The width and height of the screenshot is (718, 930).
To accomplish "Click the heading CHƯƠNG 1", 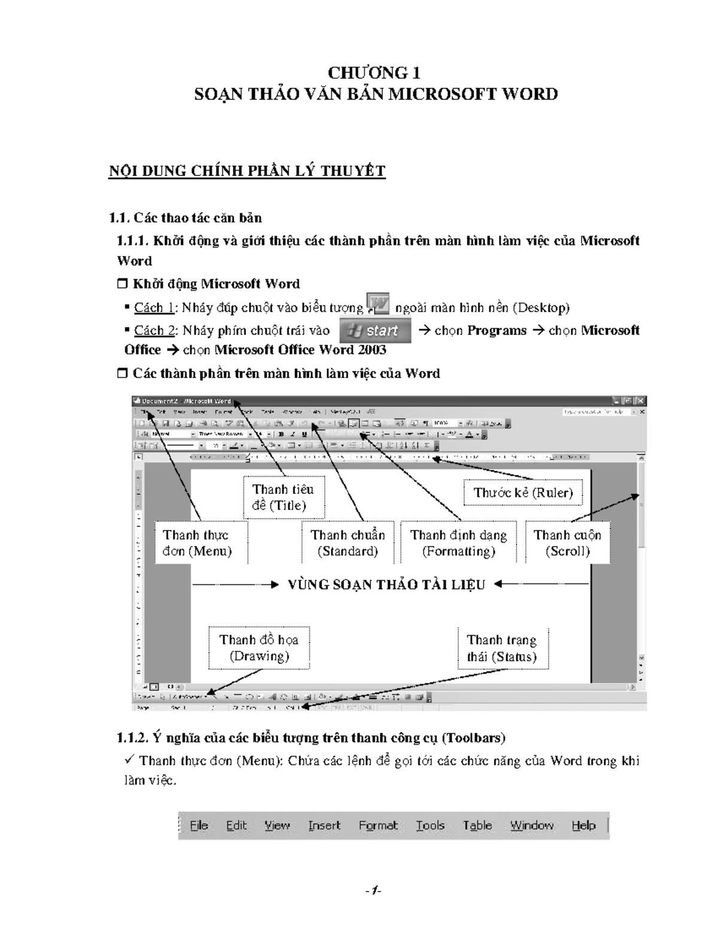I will point(374,73).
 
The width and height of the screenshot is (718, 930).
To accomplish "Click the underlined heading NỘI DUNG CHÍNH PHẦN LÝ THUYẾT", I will point(247,171).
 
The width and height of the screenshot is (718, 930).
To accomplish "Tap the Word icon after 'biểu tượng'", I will point(378,304).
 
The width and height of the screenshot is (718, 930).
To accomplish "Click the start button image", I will point(375,331).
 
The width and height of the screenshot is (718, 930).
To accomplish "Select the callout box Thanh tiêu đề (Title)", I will point(284,497).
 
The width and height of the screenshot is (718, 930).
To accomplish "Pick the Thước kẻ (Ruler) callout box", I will point(523,493).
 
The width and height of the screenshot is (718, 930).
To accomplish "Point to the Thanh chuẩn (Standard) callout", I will point(348,543).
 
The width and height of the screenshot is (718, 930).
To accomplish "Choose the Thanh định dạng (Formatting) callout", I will point(458,543).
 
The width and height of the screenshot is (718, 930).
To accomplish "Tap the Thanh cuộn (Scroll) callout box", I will point(567,543).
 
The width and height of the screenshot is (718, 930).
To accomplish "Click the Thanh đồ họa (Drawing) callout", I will point(259,648).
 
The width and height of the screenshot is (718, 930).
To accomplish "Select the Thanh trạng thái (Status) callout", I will point(502,649).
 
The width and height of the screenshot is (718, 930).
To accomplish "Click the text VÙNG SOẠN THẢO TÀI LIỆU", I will point(386,584).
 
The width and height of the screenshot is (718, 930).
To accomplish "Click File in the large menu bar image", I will point(199,826).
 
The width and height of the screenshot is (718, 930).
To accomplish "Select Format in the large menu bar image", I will point(378,826).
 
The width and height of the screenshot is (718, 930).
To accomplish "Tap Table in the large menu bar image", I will point(477,826).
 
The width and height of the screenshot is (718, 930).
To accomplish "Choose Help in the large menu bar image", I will point(583,826).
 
